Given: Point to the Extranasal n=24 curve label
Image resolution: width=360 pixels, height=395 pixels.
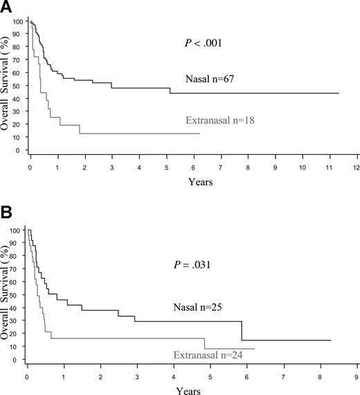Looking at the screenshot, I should click(214, 356).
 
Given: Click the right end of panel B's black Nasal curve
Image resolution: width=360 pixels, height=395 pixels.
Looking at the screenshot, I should click(330, 340).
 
